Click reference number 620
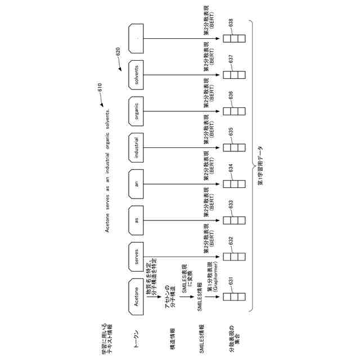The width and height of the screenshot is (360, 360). tap(118, 52)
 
